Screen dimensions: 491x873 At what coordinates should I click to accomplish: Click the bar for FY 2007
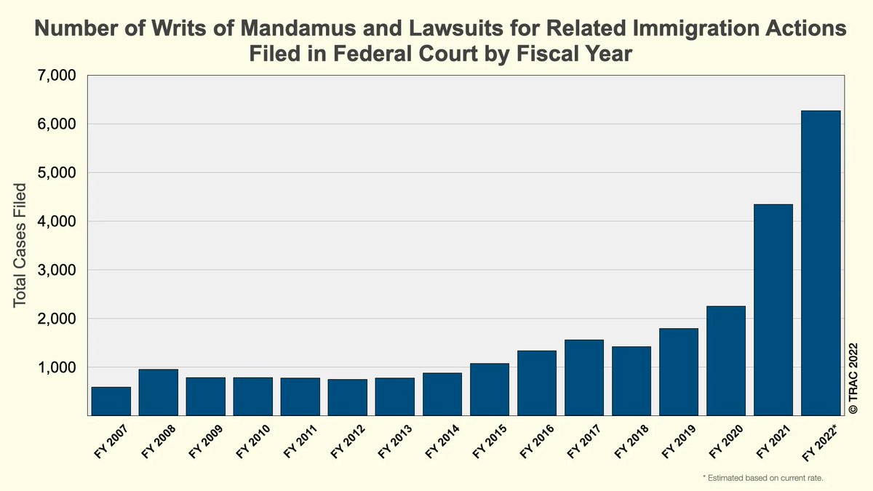111,402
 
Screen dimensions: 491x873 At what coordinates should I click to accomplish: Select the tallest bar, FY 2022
821,263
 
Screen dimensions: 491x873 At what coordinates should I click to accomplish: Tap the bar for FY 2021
773,310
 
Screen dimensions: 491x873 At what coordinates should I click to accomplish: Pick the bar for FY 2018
631,381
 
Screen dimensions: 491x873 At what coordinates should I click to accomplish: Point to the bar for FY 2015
490,389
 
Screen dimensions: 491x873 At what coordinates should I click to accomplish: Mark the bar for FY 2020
726,361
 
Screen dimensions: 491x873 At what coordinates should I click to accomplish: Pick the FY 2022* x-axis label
818,444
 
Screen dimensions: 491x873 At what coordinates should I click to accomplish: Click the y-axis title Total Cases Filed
21,245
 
